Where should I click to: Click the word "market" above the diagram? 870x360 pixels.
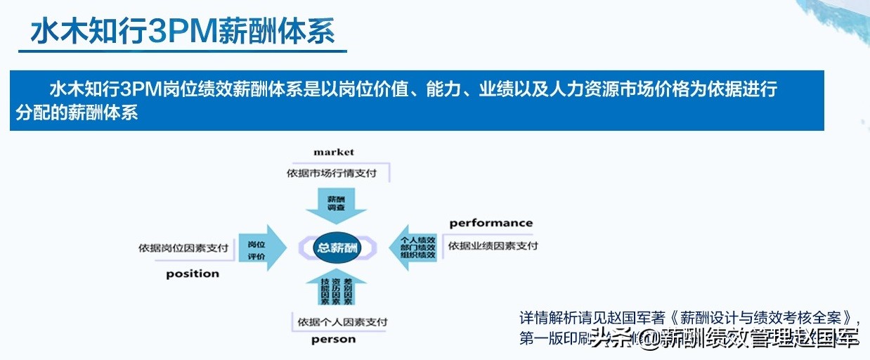334,152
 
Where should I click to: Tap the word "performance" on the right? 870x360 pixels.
491,223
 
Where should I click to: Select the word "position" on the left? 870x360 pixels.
193,274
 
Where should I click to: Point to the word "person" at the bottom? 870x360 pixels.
334,340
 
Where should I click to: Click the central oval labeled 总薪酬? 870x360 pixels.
337,248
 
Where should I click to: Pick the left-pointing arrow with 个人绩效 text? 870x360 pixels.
418,247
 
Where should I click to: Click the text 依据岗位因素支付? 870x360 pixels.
183,248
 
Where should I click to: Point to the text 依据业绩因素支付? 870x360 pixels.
493,245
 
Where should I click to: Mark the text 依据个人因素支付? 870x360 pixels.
342,322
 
